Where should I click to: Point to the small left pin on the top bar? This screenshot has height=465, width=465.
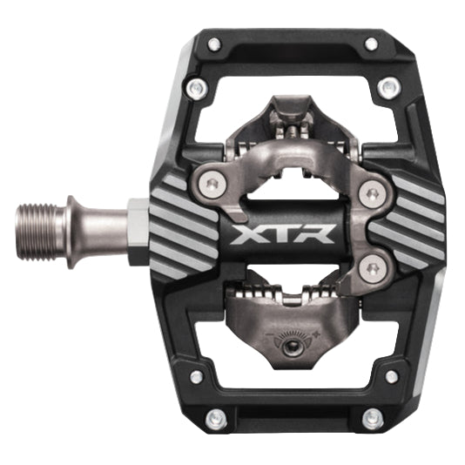coord(212,44)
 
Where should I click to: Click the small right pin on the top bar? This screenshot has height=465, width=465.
coord(371,44)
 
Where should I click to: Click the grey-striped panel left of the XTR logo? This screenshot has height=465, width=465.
coord(185,229)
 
